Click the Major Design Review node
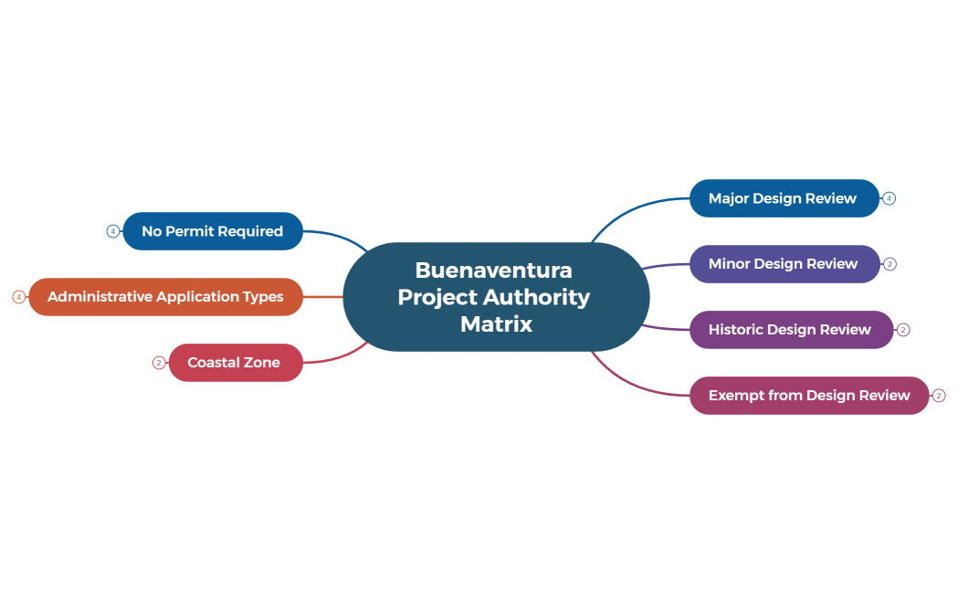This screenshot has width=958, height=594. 783,198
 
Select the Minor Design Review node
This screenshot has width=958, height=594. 783,264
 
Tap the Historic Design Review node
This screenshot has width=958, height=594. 790,330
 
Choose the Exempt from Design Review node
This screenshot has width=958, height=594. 808,396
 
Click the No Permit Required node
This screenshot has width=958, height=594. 212,231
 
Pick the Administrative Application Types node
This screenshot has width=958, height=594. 165,297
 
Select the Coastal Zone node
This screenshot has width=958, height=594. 234,363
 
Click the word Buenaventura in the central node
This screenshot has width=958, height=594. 493,270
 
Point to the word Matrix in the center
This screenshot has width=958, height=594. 496,324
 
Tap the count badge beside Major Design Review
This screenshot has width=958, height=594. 889,198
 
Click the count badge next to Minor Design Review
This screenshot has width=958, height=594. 890,264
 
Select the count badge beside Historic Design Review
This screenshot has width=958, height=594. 903,330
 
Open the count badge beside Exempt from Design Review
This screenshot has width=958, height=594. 939,396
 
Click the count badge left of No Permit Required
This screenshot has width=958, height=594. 112,231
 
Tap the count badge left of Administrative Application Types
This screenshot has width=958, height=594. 18,297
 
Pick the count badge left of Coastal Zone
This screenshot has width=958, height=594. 159,363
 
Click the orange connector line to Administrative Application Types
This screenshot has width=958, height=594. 322,297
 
